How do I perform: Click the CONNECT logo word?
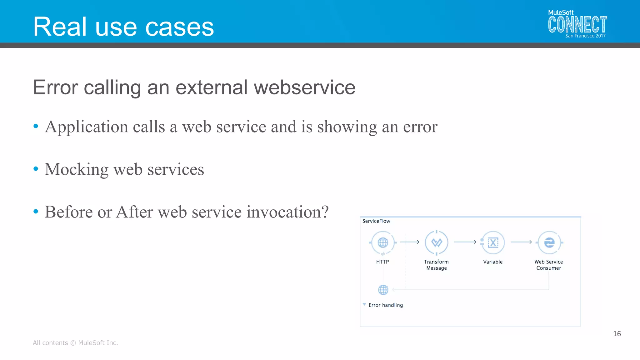577,25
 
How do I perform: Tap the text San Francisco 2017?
585,36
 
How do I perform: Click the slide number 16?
617,334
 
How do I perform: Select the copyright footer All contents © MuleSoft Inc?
75,343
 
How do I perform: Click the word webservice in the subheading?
304,87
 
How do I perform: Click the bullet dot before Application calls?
36,126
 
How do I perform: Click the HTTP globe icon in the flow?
383,242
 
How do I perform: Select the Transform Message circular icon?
437,242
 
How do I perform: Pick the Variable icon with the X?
493,242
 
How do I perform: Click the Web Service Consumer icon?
549,242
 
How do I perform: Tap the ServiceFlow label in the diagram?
376,221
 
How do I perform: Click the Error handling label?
386,305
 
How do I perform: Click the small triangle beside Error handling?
364,304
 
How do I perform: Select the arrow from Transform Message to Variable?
465,242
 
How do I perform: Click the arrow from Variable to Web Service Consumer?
521,242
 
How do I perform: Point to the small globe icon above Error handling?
383,290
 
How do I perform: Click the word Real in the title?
60,27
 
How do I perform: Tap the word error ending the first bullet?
420,127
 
